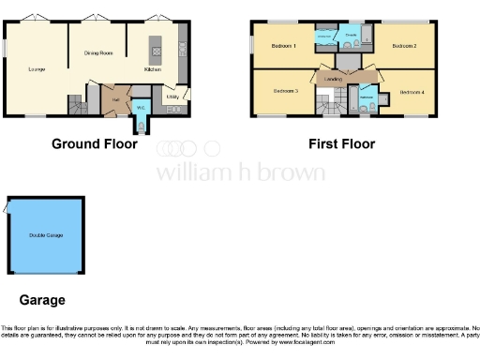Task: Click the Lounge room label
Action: (x=37, y=68)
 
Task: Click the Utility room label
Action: (x=172, y=96)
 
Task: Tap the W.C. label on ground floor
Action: (x=141, y=108)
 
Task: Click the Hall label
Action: (x=115, y=97)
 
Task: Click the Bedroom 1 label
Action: (x=284, y=46)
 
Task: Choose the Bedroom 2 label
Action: (x=404, y=46)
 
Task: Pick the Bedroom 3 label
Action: (x=285, y=91)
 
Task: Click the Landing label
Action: (x=332, y=80)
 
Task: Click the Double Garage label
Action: (x=46, y=234)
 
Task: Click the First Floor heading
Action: (x=342, y=144)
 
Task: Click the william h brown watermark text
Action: (x=239, y=172)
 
